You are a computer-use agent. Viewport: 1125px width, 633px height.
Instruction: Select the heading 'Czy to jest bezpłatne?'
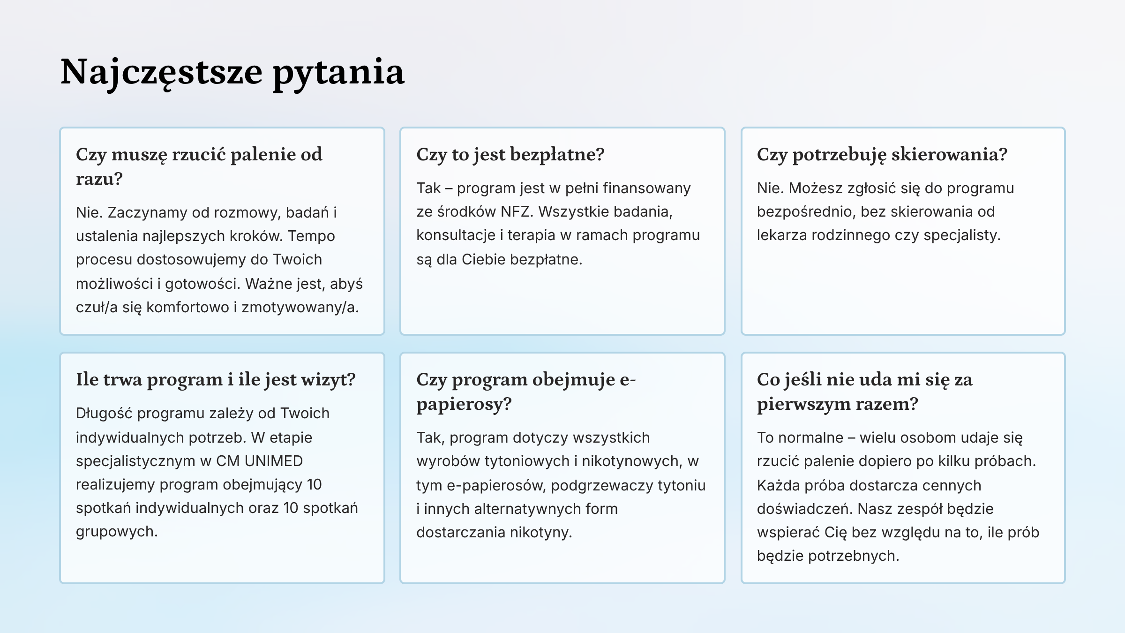click(x=510, y=154)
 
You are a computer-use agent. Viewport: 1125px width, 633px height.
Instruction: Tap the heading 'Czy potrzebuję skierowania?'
click(x=882, y=154)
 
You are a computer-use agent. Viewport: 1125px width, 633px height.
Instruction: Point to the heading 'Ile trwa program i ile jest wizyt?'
click(x=216, y=379)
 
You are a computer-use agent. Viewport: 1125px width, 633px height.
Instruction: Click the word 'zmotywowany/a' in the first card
click(x=300, y=308)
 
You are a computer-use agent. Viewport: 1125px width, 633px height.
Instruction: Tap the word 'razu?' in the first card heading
click(x=99, y=179)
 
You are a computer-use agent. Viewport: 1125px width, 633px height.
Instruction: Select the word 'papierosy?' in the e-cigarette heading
click(x=464, y=404)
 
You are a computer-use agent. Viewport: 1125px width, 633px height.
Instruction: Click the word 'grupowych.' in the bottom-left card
click(x=117, y=532)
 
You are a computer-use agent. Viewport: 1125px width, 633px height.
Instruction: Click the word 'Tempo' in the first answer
click(x=311, y=236)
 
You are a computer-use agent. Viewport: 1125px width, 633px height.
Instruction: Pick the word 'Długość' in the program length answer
click(x=104, y=414)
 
